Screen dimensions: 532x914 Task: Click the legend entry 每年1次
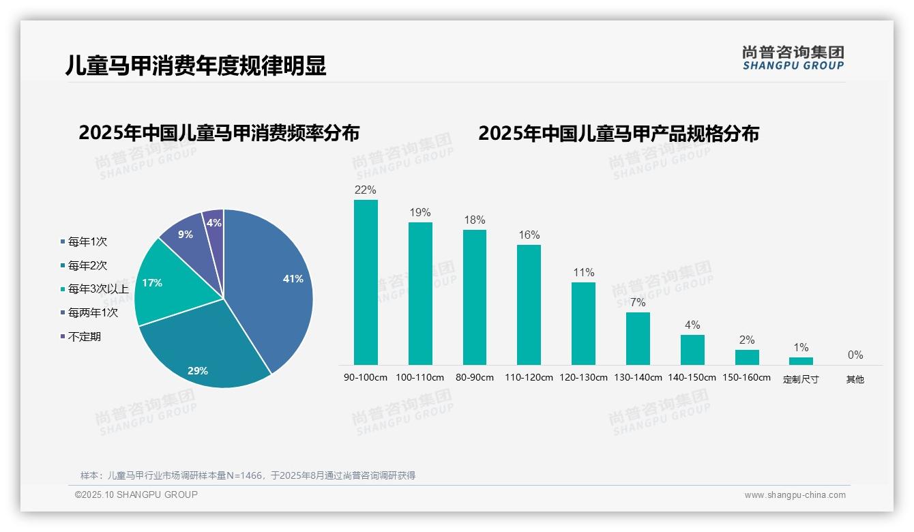[87, 241]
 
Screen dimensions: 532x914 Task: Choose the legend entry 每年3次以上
[98, 289]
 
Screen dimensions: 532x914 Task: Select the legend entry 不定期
[84, 337]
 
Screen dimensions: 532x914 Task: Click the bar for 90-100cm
[366, 282]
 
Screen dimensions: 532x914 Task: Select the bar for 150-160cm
[747, 357]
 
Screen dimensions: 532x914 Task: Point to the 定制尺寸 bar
[801, 361]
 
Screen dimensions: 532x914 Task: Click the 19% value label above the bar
[420, 213]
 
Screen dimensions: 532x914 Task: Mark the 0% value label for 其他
[855, 355]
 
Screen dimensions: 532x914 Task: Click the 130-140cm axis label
[638, 377]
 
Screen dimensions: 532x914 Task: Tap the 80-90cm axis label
[475, 377]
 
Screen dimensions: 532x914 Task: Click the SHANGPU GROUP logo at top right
[793, 58]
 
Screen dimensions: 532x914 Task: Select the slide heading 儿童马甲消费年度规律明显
[196, 65]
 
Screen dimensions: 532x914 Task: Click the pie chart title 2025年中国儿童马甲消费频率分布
[219, 133]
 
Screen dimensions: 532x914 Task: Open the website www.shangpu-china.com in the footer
[795, 495]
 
